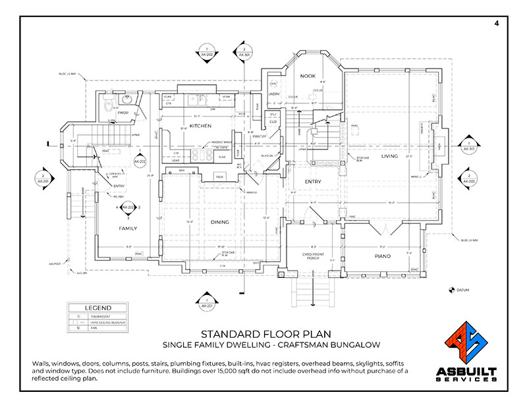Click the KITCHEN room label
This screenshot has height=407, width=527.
[x=200, y=125]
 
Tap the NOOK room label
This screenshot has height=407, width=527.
[x=308, y=76]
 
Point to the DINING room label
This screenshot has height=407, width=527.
[x=220, y=222]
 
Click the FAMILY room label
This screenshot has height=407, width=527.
[x=127, y=228]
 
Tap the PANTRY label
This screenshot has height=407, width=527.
[x=258, y=136]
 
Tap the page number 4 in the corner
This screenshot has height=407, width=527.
[x=495, y=23]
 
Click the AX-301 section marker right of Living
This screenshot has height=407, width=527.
[x=468, y=146]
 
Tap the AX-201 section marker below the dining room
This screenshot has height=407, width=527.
[x=207, y=303]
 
